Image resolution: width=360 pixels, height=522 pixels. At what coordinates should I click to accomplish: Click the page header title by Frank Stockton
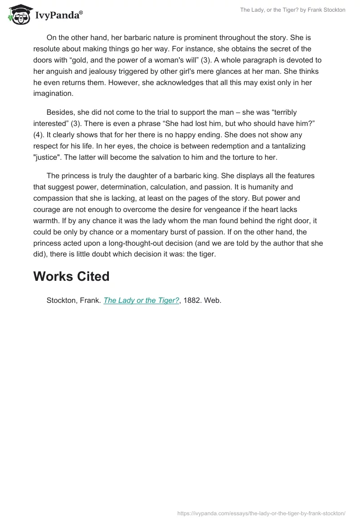point(292,10)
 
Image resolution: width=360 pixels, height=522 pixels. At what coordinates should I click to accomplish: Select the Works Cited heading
point(71,276)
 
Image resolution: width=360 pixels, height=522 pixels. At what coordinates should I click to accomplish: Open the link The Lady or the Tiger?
point(141,301)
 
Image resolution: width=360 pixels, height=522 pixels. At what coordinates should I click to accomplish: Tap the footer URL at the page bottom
point(261,513)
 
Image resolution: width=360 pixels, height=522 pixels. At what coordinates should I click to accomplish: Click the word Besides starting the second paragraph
point(61,112)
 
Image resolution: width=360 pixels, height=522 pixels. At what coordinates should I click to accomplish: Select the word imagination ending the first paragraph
point(53,94)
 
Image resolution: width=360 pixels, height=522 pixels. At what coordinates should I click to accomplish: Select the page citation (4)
point(40,135)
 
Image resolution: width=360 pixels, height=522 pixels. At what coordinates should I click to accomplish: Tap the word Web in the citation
point(212,301)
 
